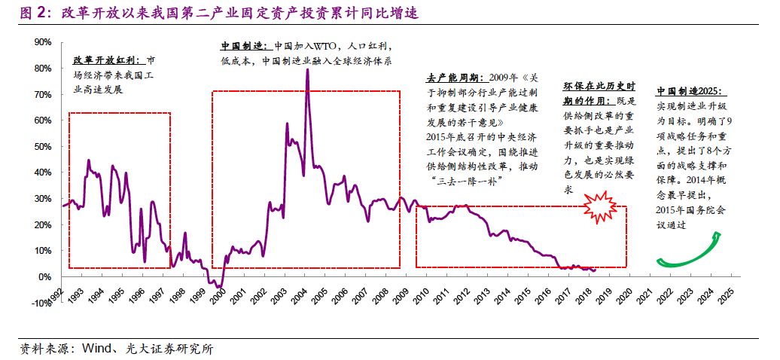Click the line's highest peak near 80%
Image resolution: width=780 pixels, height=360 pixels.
(307, 70)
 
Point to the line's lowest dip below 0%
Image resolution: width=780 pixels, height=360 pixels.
(219, 286)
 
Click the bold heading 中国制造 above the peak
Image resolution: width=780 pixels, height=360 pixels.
(243, 45)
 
